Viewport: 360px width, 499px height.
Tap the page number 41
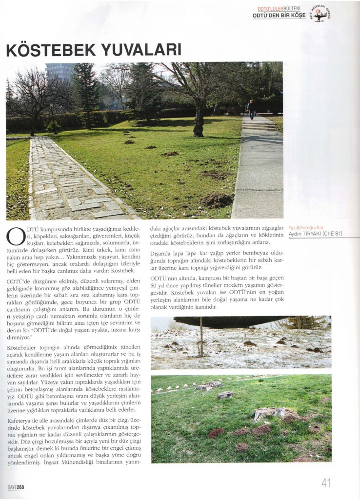(326, 482)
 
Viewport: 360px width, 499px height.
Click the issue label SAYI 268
(16, 487)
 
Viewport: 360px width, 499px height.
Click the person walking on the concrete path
(251, 110)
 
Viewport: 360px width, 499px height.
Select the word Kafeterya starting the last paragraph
(21, 420)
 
